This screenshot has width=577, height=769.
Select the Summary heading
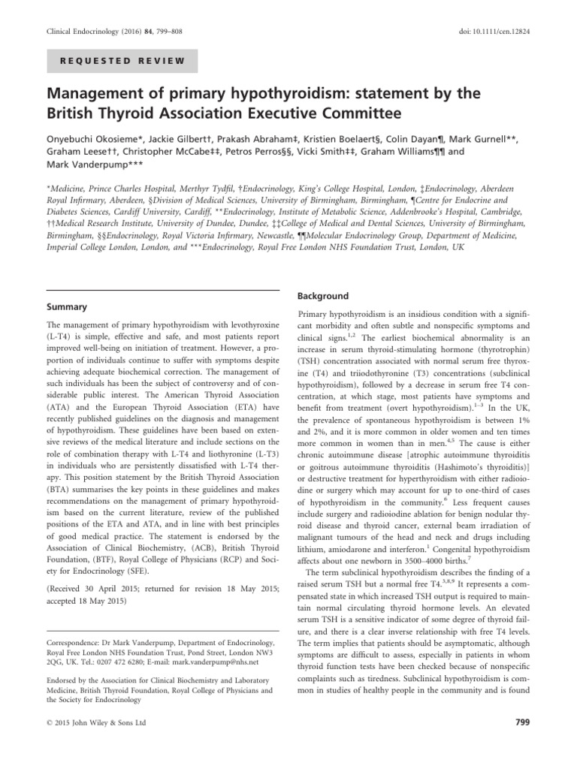pyautogui.click(x=68, y=308)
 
